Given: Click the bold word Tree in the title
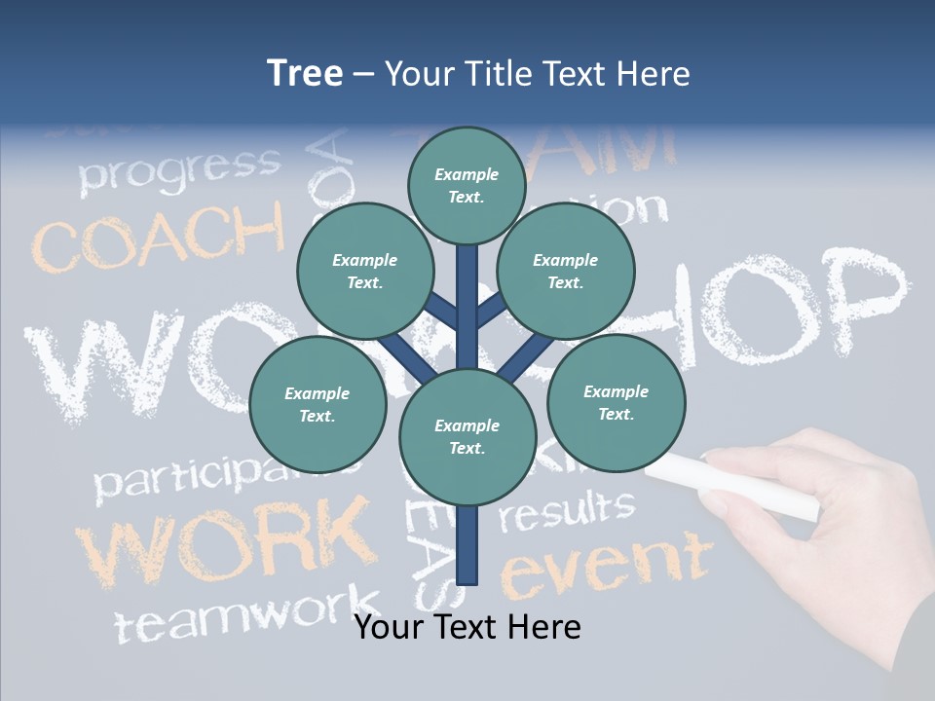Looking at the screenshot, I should point(305,73).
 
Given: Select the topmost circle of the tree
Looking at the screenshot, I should point(467,185).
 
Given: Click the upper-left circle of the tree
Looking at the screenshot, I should point(364,271).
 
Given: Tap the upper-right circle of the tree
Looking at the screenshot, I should point(566,271).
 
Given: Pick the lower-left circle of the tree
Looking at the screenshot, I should point(318,404).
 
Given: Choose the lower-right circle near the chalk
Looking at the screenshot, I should point(616,402).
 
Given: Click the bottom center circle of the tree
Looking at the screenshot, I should point(467,436).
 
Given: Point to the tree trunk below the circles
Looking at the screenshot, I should point(467,545).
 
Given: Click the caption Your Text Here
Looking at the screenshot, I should point(467,627).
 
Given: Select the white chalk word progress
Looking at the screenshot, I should point(179,169).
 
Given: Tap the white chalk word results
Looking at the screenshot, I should point(566,511).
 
